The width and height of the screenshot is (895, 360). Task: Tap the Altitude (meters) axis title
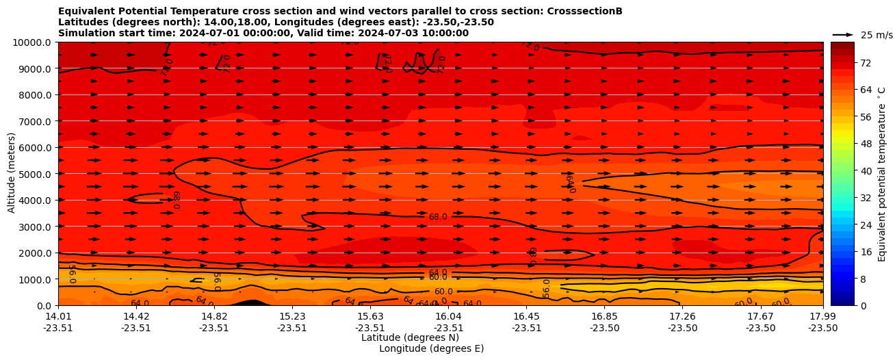tap(12, 174)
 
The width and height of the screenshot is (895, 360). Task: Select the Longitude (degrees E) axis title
tap(431, 348)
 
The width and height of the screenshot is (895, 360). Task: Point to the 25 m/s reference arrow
tap(843, 35)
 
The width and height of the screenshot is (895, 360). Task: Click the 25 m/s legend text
tap(877, 35)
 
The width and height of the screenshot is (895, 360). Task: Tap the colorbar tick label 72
tap(846, 63)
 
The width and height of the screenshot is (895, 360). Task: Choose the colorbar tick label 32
tap(846, 198)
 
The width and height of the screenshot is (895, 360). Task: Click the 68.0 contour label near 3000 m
tap(438, 217)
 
